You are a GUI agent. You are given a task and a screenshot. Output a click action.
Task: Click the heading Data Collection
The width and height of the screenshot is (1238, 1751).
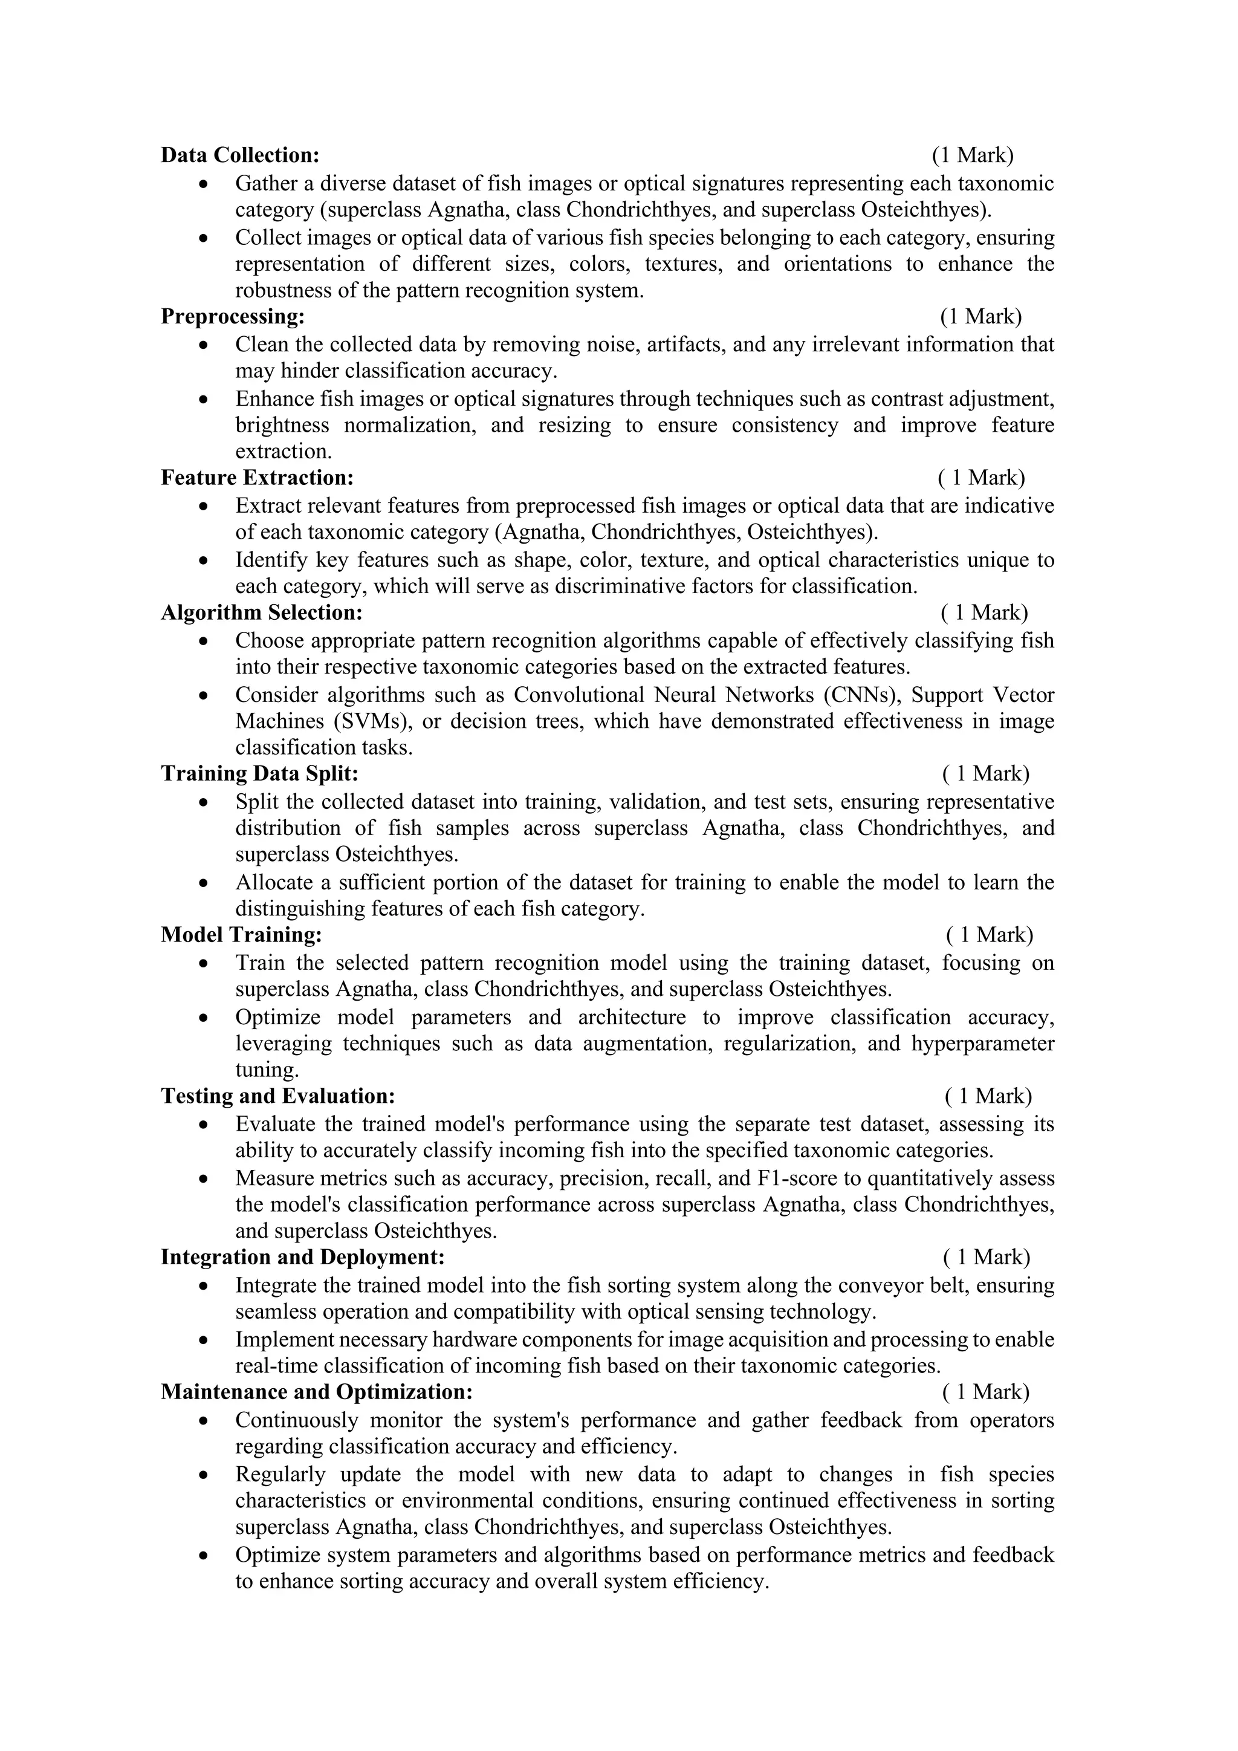coord(240,155)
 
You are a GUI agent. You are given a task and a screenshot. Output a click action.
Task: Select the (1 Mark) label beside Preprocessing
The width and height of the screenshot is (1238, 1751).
coord(980,316)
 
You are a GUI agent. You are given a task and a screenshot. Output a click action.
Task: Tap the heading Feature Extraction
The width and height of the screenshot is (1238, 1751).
coord(257,478)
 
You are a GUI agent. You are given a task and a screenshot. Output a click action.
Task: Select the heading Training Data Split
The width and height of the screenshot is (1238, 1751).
coord(259,774)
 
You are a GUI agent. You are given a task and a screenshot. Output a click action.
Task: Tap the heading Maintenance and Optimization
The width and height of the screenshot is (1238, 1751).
coord(316,1392)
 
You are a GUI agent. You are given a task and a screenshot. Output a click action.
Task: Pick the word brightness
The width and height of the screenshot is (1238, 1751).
coord(282,426)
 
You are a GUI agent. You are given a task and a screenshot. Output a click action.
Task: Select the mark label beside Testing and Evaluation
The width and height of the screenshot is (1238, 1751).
coord(988,1097)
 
